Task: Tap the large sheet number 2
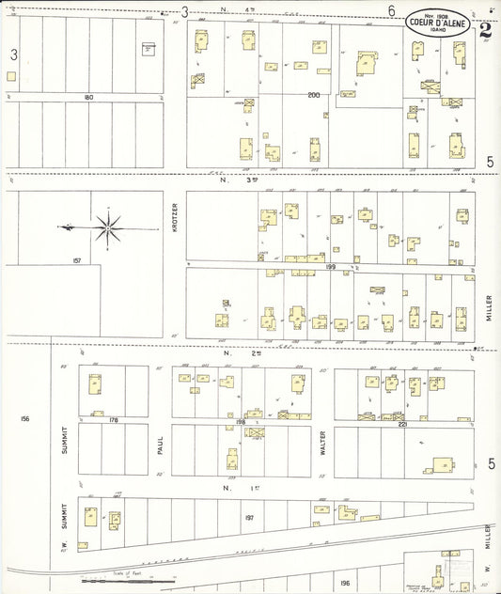tap(485, 28)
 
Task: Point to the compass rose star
tap(108, 227)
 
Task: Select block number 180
tap(88, 97)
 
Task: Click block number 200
tap(314, 95)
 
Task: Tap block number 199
tap(330, 267)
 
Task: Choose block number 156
tap(24, 418)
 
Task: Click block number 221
tap(402, 425)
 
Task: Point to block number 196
tap(344, 583)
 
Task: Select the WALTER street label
tap(321, 443)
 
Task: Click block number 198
tap(227, 424)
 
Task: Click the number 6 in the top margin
tap(390, 10)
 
